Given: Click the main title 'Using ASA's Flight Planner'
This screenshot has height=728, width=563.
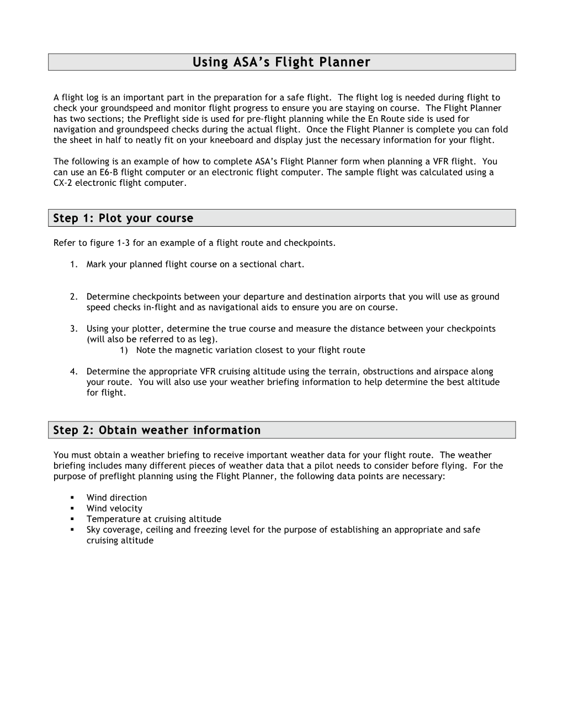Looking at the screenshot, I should click(x=281, y=62).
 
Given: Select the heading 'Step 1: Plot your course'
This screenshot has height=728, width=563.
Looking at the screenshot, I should click(x=123, y=218).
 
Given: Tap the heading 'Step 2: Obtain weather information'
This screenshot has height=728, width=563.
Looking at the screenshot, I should click(x=157, y=430).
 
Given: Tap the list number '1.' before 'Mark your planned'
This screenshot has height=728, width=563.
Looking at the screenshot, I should click(x=74, y=264).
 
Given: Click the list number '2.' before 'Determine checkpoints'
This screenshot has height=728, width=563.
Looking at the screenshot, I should click(x=74, y=297).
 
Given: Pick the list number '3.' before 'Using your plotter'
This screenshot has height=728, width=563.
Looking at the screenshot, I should click(x=74, y=329).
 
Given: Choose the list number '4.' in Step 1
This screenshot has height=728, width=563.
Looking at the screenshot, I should click(x=74, y=372).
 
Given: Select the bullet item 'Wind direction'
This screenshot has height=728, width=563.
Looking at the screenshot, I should click(x=116, y=497).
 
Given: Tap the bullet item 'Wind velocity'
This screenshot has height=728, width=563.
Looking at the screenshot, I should click(x=114, y=508).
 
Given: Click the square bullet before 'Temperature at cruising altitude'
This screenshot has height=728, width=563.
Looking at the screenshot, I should click(x=72, y=519).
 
